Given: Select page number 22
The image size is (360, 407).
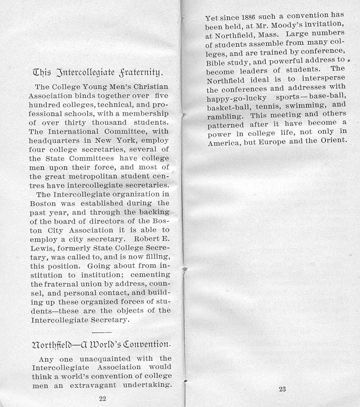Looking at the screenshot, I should pyautogui.click(x=103, y=397).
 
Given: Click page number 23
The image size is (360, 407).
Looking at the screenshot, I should pyautogui.click(x=282, y=389).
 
